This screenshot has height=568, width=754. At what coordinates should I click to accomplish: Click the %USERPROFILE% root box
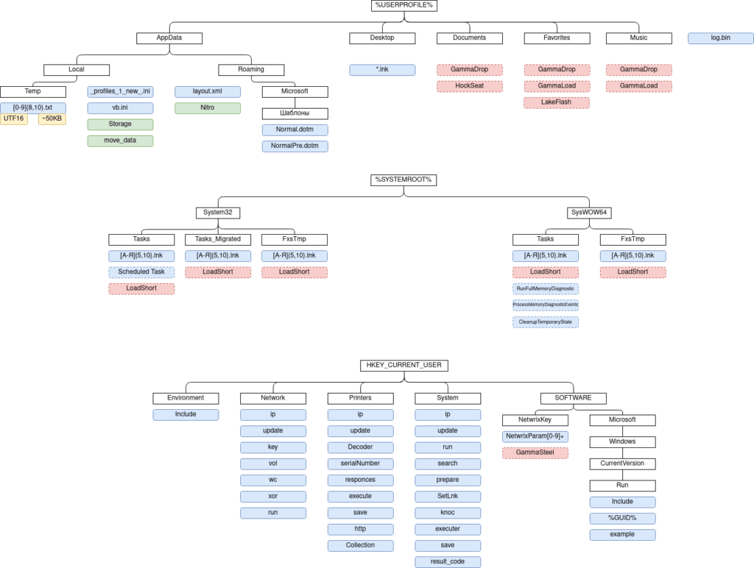pos(404,5)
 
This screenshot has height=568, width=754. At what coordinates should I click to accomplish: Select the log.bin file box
pos(720,38)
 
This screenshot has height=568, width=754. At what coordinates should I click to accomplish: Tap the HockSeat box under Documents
pos(470,86)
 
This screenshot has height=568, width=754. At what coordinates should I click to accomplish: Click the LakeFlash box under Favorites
pos(557,102)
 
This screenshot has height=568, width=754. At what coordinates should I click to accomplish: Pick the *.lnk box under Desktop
pos(382,70)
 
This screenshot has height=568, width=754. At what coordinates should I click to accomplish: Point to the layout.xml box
pos(208,91)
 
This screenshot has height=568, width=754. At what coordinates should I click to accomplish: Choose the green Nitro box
pos(208,108)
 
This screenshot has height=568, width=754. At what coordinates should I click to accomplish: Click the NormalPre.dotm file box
pos(295,146)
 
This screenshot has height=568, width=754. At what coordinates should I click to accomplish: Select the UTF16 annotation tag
pos(14,118)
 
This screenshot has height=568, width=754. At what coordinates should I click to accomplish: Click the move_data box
pos(120,141)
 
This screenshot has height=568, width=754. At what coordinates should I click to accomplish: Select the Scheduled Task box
pos(142,272)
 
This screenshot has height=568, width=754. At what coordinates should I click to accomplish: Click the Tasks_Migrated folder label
pos(218,240)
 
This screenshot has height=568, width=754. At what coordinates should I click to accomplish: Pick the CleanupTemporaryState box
pos(546,322)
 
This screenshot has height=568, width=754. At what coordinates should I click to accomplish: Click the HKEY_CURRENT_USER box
pos(404,366)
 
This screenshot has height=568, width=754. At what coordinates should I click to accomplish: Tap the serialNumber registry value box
pos(360,464)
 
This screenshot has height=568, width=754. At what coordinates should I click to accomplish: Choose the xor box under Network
pos(273,496)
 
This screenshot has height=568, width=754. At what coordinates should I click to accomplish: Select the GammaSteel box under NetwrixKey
pos(535,453)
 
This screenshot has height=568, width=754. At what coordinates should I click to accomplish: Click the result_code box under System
pos(448,562)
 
